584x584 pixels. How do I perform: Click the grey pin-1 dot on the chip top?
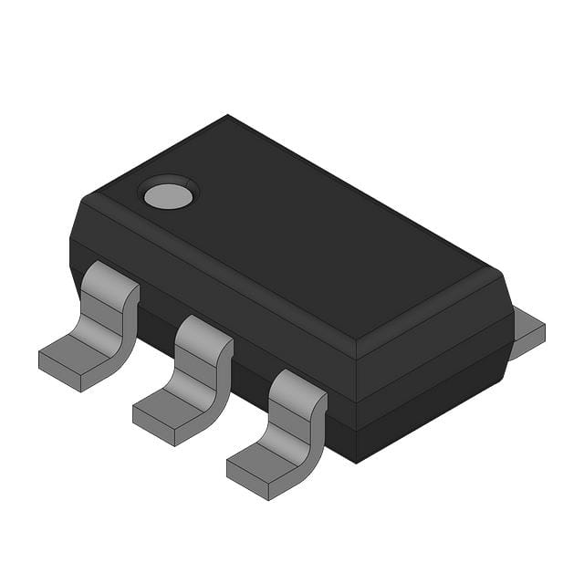click(x=167, y=194)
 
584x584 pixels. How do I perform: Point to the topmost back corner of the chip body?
click(x=227, y=116)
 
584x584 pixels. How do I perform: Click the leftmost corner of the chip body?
click(x=70, y=239)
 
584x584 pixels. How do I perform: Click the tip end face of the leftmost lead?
click(x=60, y=373)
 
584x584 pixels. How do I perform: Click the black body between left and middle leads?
click(x=155, y=319)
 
